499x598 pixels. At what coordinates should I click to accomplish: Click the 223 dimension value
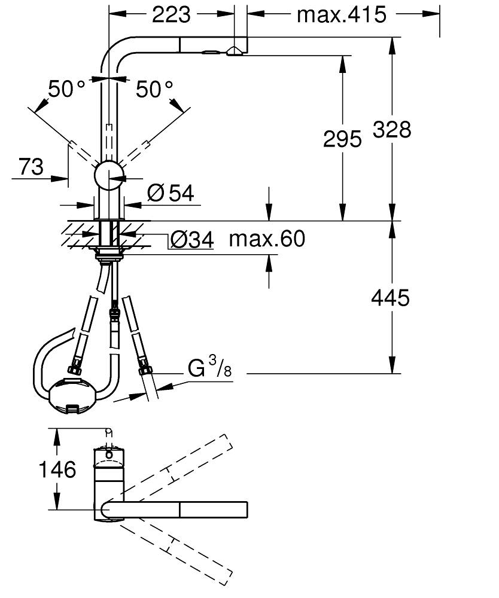coord(171,14)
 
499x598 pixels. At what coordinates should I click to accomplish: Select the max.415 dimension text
coord(341,14)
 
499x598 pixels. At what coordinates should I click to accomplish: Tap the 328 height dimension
coord(392,129)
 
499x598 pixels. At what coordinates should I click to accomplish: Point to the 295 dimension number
coord(342,139)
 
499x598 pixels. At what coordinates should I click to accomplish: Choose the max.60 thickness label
coord(267,239)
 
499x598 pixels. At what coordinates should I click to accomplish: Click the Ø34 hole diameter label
coord(191,240)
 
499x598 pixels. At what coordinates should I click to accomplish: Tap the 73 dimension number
coord(31,166)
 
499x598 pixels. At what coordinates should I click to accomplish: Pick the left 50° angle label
coord(67,90)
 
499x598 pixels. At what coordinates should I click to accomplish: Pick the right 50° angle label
coord(154,90)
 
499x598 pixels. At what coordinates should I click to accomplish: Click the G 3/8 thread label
coord(209,367)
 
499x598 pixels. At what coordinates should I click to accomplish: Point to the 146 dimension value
coord(57,469)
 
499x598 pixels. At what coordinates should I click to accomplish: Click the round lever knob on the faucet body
coord(109,175)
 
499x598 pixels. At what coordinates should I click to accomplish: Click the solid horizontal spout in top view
coord(179,510)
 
